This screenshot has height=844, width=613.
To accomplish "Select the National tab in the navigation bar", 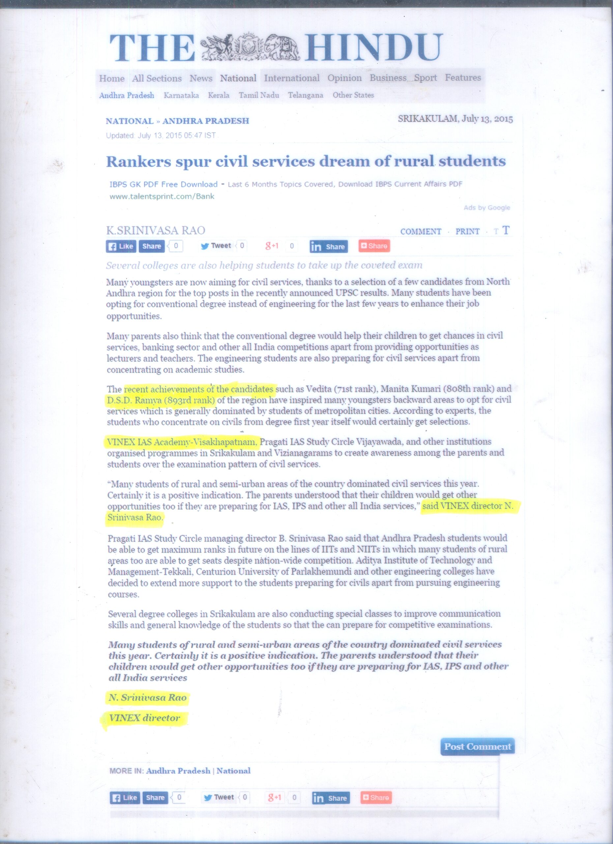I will tap(238, 78).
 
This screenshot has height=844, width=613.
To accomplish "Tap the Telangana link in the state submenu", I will tap(306, 95).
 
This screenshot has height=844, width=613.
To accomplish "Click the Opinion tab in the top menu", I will tap(344, 78).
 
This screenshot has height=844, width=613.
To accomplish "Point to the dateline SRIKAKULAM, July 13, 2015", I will tap(455, 119).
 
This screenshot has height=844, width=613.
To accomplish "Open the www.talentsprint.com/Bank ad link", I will tap(162, 196).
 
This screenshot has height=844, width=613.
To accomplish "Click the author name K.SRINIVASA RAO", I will tap(156, 230).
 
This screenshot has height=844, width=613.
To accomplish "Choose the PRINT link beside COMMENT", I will tap(467, 231).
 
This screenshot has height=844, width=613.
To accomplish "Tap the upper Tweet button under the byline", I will tap(216, 246).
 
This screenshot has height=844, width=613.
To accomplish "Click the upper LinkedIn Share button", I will tap(329, 246).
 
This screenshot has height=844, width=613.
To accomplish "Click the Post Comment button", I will tap(477, 746).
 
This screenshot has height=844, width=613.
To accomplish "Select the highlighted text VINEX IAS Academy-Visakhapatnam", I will tap(182, 442).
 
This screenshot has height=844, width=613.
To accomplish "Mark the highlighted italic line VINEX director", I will tap(144, 718).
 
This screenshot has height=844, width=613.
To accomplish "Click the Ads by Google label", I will tap(486, 208).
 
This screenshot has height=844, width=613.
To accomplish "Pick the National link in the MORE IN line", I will tap(233, 771).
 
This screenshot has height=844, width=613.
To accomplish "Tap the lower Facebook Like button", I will tap(125, 798).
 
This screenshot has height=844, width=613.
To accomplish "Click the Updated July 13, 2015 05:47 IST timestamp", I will tap(161, 136).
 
